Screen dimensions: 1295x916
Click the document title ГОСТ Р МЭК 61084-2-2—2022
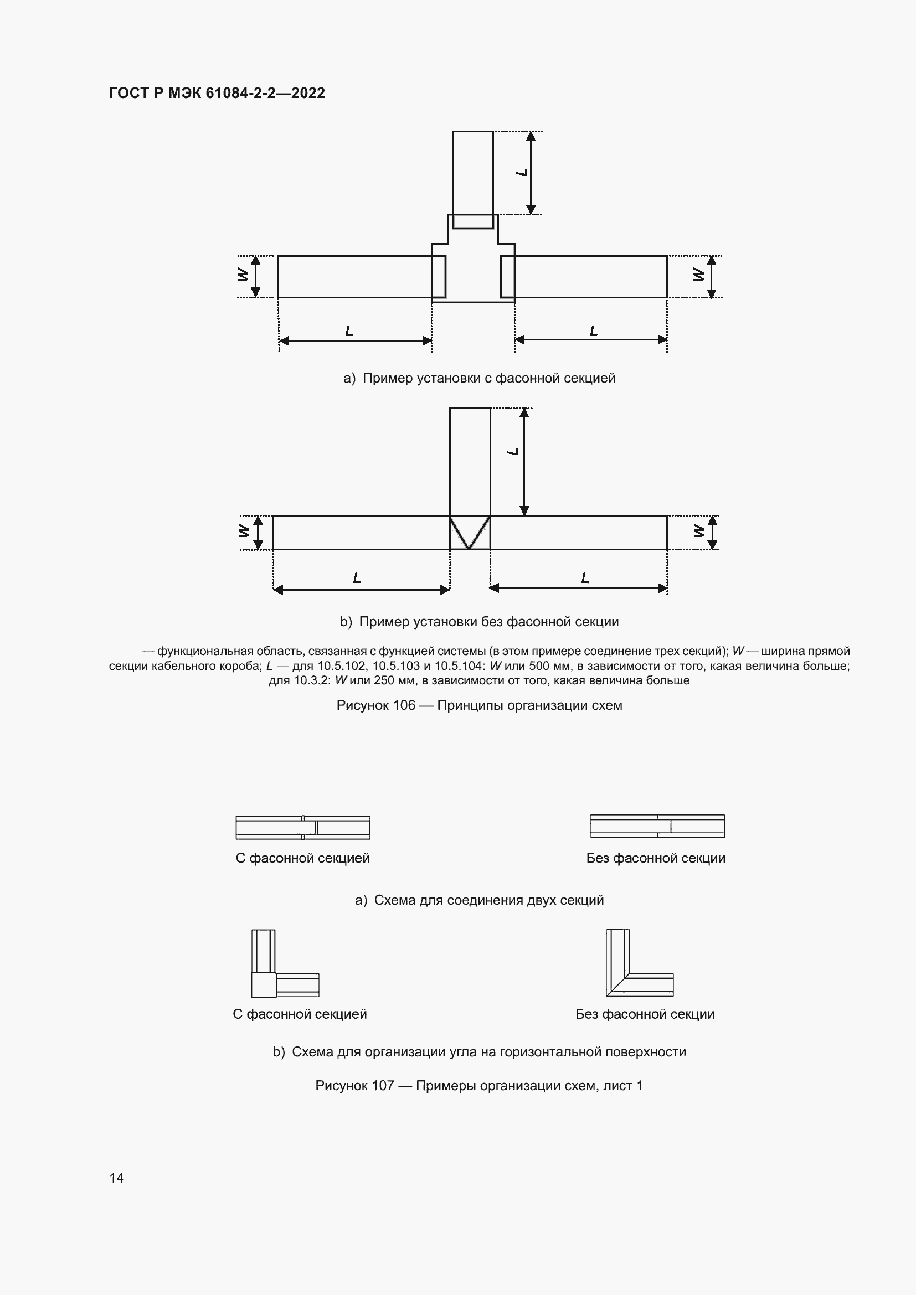217,93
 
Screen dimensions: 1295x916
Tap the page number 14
117,1178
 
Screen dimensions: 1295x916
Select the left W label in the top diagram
243,275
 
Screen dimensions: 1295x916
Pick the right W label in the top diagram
698,275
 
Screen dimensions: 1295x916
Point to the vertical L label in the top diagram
522,172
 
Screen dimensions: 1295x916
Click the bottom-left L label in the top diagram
349,331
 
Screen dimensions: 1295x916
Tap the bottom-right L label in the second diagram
585,578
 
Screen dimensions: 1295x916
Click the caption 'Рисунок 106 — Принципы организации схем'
479,705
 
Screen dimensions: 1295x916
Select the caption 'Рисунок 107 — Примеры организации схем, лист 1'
479,1086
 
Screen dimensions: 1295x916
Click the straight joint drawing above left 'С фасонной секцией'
303,827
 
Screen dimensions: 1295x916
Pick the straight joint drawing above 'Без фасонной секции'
657,826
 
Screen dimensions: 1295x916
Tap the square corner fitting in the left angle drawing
264,985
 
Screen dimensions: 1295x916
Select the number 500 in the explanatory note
538,665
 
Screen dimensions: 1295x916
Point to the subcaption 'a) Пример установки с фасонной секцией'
479,378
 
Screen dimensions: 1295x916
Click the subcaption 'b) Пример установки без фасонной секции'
479,622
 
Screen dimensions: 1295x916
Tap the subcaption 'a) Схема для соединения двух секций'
479,900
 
